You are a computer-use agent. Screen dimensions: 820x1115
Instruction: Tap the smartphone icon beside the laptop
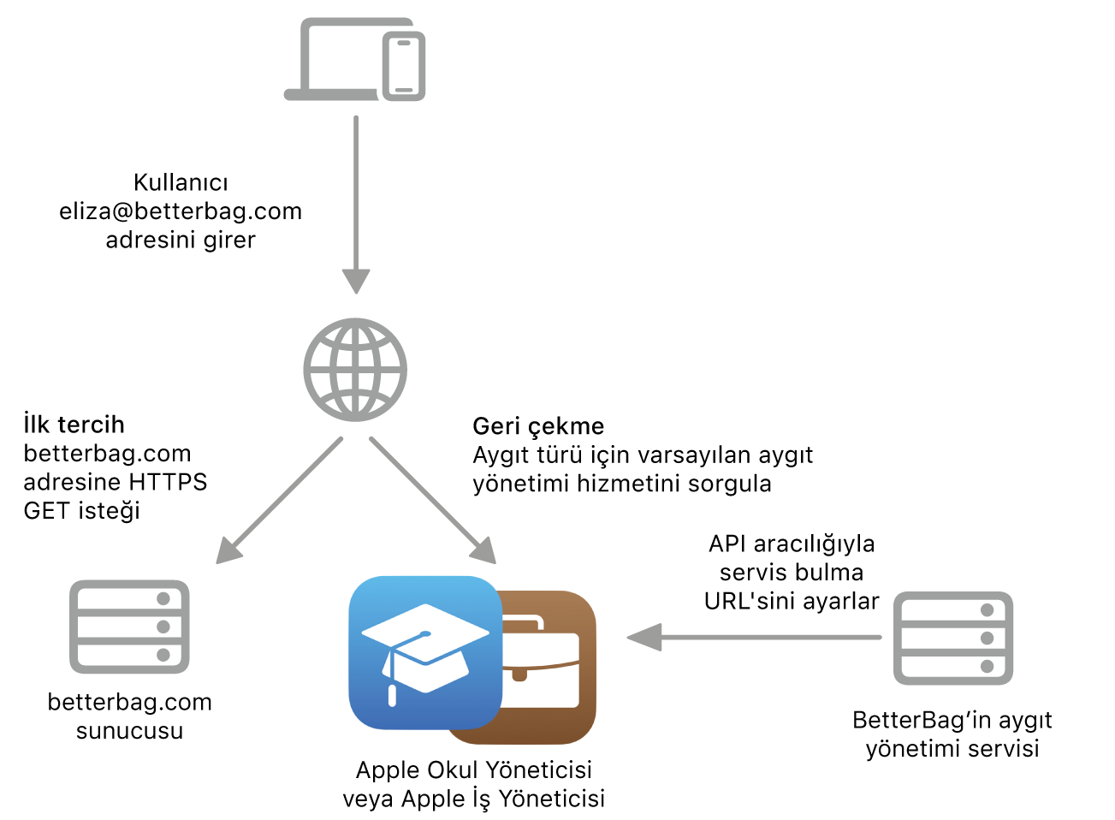[404, 66]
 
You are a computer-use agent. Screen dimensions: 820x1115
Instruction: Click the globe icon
[355, 370]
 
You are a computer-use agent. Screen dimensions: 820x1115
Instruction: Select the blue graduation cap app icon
[425, 652]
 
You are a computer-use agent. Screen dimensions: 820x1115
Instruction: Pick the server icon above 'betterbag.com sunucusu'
[129, 627]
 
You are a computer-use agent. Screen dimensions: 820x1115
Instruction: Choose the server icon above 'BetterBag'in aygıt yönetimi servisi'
[953, 638]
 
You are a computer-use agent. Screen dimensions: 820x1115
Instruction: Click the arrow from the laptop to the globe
[356, 205]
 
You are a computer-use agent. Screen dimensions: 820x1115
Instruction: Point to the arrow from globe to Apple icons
[432, 500]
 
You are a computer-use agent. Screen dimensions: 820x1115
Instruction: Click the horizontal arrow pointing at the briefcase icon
[753, 637]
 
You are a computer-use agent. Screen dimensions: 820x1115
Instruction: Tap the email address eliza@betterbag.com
[181, 211]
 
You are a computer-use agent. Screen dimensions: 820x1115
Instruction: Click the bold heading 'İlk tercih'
[74, 425]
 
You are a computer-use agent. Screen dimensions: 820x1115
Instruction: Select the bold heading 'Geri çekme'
[538, 426]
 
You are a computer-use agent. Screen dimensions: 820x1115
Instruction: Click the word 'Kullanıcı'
[181, 182]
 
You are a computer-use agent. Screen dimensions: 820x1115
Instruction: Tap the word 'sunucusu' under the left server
[129, 731]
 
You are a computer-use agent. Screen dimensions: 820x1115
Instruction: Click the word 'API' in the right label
[728, 544]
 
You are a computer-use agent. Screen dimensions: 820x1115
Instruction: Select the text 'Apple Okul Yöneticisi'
[473, 769]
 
